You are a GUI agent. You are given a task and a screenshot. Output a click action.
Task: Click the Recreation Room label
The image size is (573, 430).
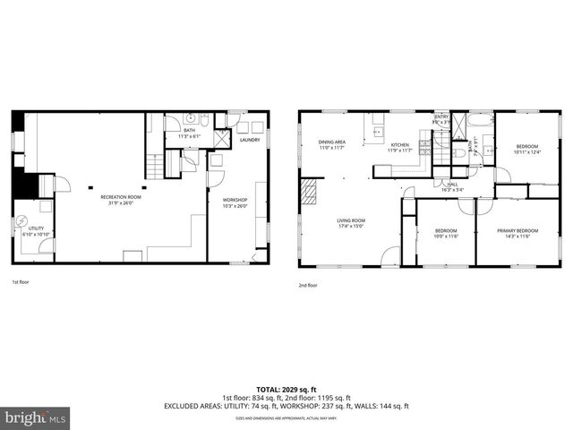tap(120, 199)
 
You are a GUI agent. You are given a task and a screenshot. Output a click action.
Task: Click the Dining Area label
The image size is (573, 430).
tap(331, 144)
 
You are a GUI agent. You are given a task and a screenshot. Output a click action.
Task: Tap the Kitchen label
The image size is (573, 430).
tap(399, 148)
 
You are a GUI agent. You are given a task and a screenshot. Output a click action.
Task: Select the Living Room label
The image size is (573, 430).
tap(349, 222)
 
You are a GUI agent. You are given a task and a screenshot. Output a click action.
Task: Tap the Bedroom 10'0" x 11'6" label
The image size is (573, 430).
tap(446, 233)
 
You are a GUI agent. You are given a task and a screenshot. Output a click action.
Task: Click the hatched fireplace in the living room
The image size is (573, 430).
tap(309, 189)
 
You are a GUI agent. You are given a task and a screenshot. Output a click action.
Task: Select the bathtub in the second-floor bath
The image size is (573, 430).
tap(481, 120)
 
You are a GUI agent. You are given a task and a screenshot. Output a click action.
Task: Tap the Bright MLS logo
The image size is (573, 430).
tap(35, 417)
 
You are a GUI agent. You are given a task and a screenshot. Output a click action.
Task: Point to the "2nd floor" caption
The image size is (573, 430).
tap(307, 286)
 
